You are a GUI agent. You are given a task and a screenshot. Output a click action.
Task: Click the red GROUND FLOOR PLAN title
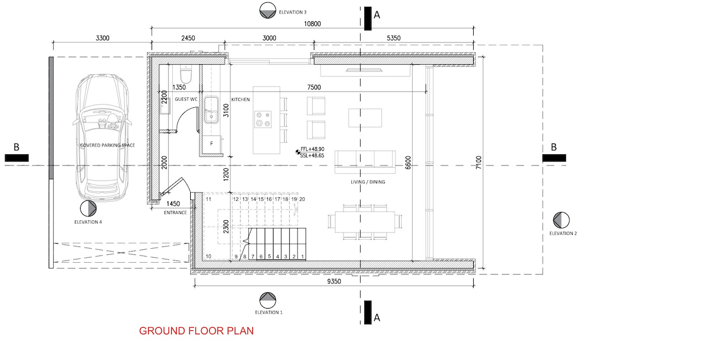tap(196, 331)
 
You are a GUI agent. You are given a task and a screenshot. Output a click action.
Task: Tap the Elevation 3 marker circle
tap(268, 11)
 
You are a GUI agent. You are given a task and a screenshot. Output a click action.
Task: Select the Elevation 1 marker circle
tap(268, 300)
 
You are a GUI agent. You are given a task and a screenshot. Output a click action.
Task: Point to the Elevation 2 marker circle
tap(561, 220)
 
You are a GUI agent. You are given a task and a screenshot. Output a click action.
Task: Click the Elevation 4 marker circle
tap(88, 209)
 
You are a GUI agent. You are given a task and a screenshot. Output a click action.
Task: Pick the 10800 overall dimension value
tap(312, 24)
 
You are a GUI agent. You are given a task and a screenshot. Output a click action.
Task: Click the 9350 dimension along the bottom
tap(334, 281)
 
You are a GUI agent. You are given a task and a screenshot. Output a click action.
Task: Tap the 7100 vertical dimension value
tap(478, 163)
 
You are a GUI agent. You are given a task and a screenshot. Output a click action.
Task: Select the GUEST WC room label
tap(186, 99)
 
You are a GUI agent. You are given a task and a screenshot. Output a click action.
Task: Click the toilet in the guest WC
tap(186, 74)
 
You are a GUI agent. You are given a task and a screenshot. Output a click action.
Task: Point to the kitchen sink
tap(211, 110)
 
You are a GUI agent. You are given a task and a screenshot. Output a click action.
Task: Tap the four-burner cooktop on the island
tap(263, 119)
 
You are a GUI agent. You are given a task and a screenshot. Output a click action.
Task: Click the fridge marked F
tap(211, 144)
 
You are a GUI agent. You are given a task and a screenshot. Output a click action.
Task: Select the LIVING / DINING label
tap(367, 182)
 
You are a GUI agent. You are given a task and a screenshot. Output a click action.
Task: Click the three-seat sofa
tap(365, 162)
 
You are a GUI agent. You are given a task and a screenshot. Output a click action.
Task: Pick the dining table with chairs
tap(365, 222)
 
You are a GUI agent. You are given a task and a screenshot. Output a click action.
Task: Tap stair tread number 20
tap(302, 199)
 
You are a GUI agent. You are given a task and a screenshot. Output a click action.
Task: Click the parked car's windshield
tap(102, 115)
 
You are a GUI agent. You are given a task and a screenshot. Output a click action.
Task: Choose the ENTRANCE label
tap(175, 212)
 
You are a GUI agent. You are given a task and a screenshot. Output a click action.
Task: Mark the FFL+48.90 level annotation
tap(312, 149)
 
